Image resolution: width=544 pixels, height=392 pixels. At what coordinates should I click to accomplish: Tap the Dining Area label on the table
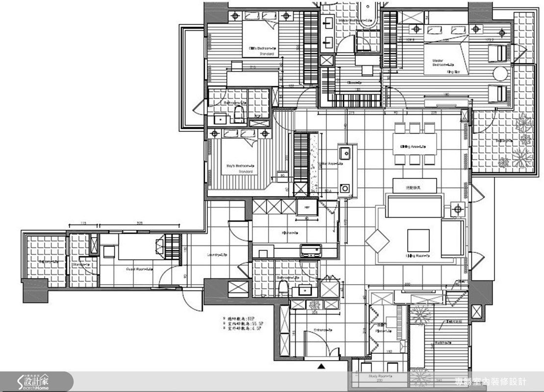click(412, 147)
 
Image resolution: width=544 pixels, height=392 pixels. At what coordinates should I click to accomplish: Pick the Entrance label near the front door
click(321, 330)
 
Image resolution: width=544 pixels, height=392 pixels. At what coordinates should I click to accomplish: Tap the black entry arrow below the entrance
click(321, 366)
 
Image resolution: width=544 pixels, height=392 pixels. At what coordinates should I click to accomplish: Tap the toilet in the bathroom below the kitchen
click(282, 289)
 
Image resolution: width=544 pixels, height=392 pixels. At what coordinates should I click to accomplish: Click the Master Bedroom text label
click(440, 62)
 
